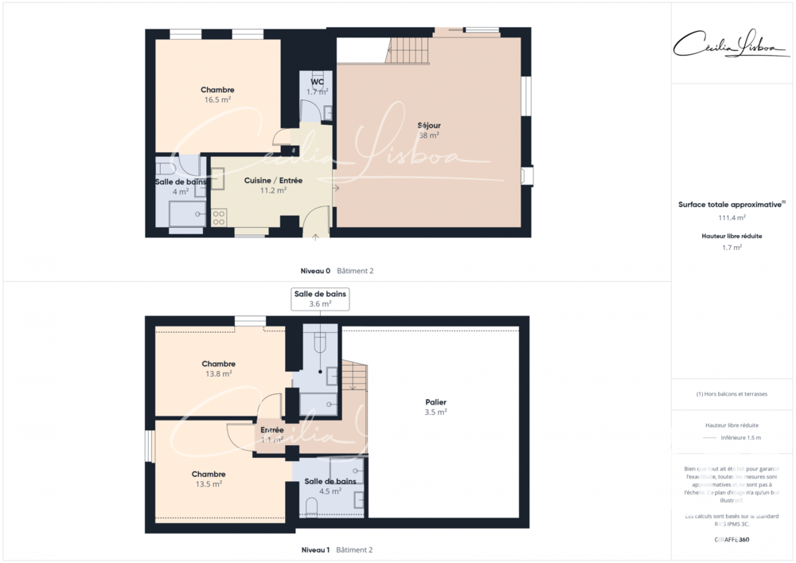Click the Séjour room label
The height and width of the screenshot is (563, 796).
click(429, 125)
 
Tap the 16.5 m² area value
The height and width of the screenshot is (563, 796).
click(217, 100)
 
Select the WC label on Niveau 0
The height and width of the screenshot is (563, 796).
click(317, 82)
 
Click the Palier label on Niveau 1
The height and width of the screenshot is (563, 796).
click(435, 402)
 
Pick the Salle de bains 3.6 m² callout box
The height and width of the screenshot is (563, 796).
click(320, 299)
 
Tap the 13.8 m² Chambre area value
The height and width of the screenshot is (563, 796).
click(218, 373)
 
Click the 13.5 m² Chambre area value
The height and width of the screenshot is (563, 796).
click(208, 483)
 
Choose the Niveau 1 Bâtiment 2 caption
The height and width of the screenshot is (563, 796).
click(337, 549)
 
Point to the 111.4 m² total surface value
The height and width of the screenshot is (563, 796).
click(732, 217)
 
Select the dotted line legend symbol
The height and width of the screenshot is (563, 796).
click(710, 438)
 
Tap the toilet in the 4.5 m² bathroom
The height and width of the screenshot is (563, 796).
click(311, 506)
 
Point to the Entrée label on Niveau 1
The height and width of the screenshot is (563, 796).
click(272, 430)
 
